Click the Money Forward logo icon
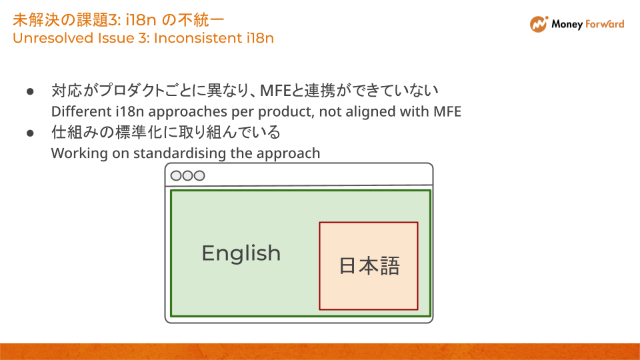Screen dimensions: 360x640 pos(539,24)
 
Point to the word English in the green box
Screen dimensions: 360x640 pos(241,253)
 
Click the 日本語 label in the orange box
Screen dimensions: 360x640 pos(369,266)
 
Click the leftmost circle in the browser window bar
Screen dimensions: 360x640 pos(177,176)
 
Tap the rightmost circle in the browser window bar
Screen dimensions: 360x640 pos(199,176)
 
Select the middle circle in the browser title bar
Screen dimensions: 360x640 pos(187,176)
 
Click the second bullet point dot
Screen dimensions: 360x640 pos(30,133)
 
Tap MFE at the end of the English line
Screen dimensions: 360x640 pos(447,111)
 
